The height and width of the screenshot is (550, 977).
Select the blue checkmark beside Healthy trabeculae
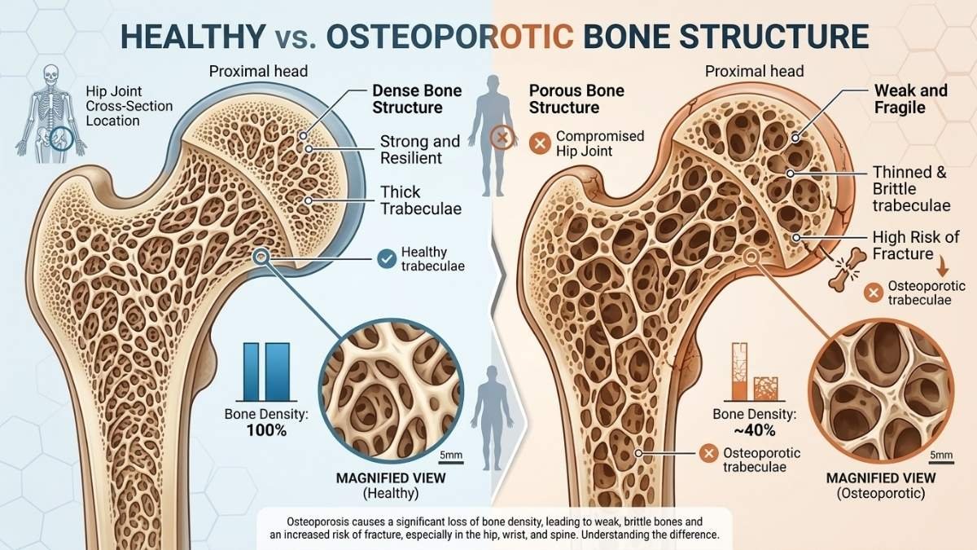tap(387, 258)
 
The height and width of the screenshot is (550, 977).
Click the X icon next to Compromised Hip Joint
tap(540, 143)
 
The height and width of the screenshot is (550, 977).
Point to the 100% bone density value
tap(266, 431)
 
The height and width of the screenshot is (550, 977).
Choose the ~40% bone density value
tap(755, 431)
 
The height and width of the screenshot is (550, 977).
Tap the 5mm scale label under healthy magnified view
tap(450, 455)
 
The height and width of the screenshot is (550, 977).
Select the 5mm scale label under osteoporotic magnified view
tap(941, 455)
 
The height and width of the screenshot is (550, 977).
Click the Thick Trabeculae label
tap(421, 200)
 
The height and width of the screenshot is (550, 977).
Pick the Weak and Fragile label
tap(911, 99)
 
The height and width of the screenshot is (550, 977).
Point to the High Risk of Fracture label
tap(916, 245)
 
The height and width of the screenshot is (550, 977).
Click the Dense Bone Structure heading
tap(417, 99)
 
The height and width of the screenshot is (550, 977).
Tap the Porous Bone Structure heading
tap(576, 99)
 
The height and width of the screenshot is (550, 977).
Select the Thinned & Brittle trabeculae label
tap(912, 189)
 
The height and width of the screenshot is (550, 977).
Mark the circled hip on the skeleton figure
tap(62, 139)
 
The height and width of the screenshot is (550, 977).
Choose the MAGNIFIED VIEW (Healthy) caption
tap(391, 486)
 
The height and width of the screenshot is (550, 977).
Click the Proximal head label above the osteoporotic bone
tap(754, 71)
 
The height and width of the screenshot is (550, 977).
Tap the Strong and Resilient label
tap(420, 149)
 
